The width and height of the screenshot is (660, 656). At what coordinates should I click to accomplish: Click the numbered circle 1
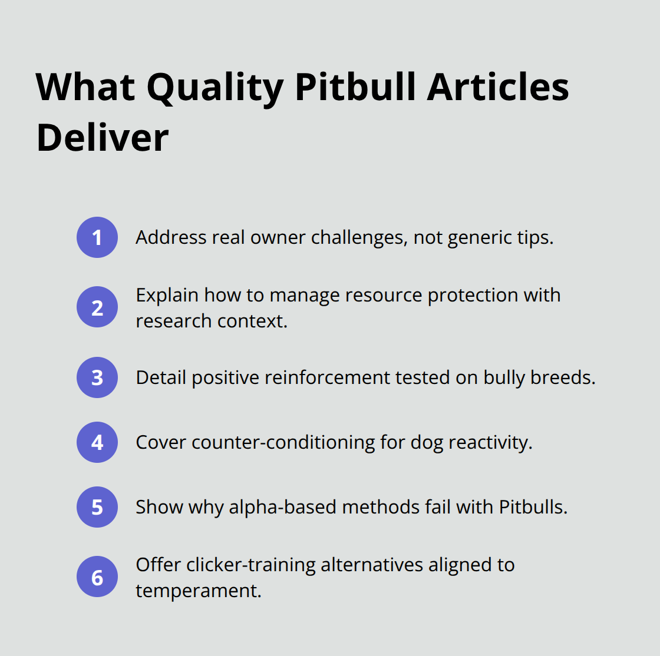[97, 237]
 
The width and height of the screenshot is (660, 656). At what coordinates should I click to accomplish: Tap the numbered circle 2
[97, 307]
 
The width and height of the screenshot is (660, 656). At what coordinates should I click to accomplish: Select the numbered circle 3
[97, 377]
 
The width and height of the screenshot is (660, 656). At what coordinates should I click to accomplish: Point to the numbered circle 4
[97, 442]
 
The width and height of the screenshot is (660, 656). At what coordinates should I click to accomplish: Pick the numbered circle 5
[97, 507]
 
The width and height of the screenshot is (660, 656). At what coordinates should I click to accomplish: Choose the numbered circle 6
[97, 577]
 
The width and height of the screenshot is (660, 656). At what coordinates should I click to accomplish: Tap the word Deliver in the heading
[103, 138]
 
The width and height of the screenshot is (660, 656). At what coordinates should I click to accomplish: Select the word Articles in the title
[498, 87]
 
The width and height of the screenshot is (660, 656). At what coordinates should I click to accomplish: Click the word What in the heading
[86, 87]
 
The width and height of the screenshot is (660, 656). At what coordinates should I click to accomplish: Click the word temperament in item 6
[199, 591]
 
